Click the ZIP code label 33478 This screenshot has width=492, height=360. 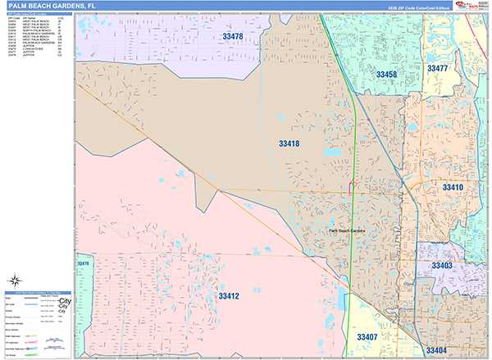[x=233, y=37]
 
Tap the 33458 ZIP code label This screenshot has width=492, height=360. [x=386, y=75]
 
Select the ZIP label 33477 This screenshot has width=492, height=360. [x=437, y=69]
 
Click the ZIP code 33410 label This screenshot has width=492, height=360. [x=453, y=188]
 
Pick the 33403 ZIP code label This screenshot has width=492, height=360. [x=442, y=267]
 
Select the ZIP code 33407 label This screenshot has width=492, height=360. [x=367, y=337]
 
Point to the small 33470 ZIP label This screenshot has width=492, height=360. [x=81, y=263]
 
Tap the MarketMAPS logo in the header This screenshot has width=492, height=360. [x=477, y=6]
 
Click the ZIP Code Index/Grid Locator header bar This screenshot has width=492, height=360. [x=36, y=15]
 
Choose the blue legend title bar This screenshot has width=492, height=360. [x=36, y=292]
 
